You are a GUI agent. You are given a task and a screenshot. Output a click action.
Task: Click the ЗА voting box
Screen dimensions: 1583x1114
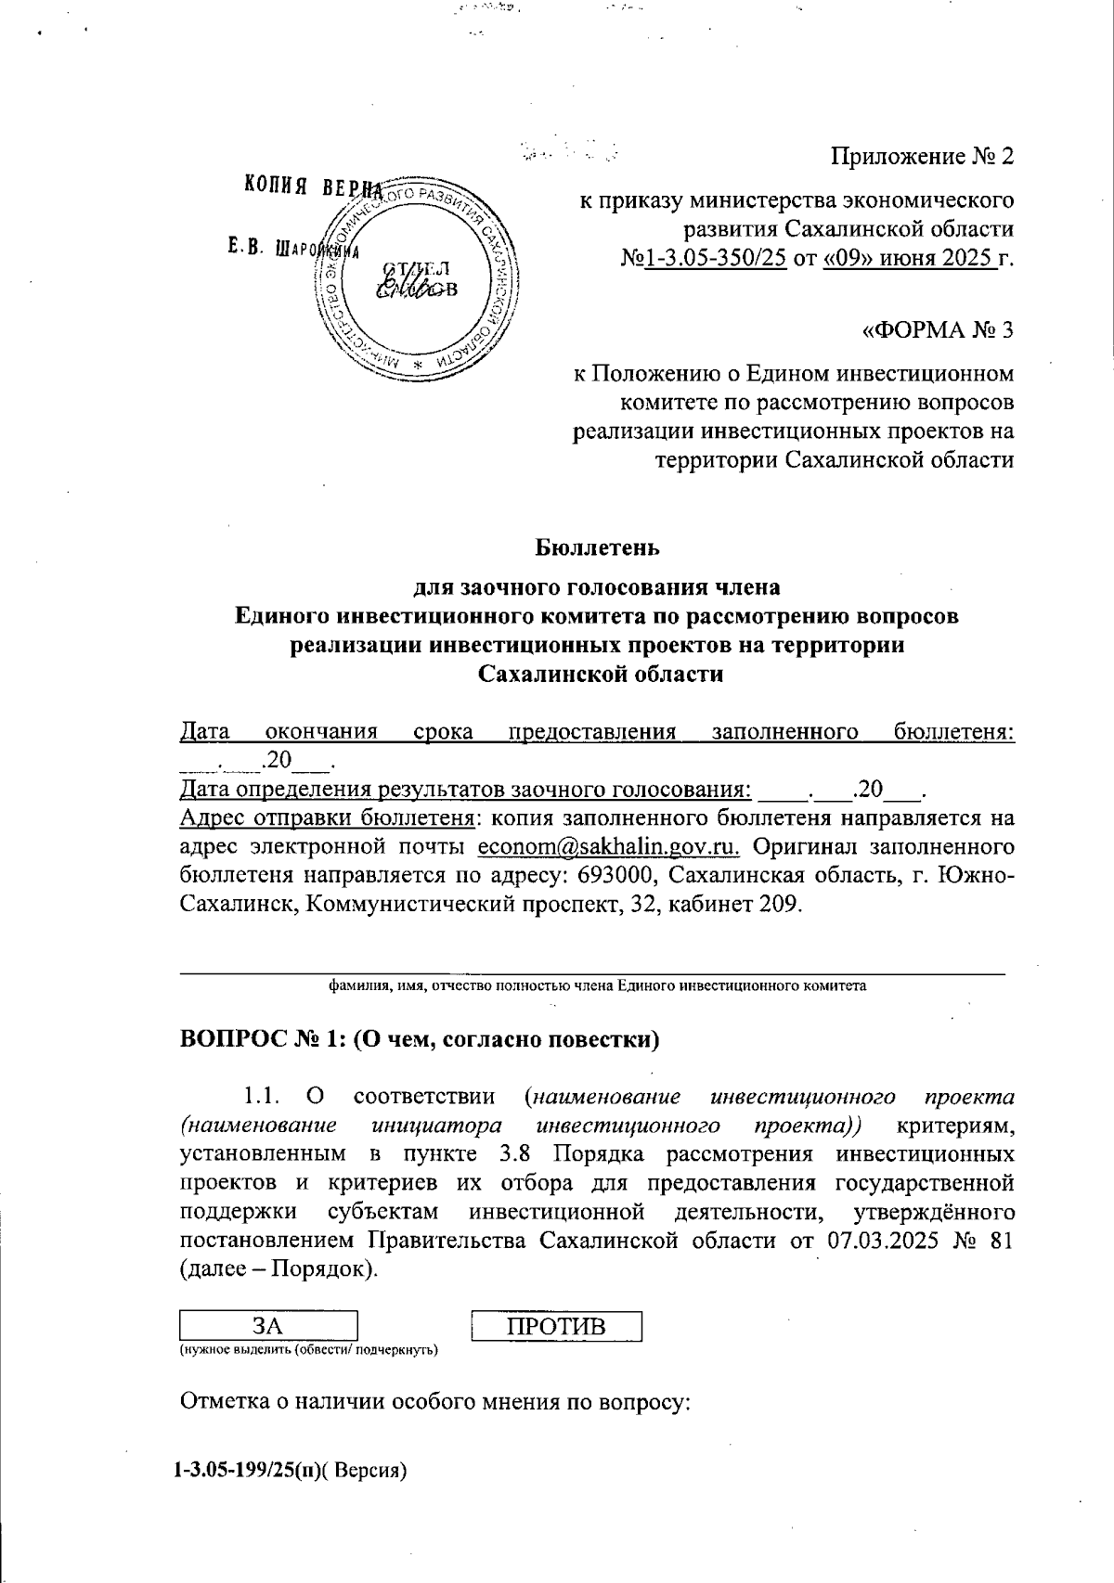267,1325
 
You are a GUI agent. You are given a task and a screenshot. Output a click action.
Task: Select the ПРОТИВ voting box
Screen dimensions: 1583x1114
556,1325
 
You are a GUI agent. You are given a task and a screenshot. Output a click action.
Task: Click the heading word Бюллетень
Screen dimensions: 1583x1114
597,547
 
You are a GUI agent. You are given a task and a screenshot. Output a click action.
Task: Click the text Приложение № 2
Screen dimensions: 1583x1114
922,157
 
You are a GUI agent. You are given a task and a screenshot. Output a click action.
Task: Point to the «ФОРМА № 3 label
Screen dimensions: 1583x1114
938,330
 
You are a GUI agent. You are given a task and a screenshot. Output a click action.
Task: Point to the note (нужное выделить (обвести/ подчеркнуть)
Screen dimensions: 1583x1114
308,1350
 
